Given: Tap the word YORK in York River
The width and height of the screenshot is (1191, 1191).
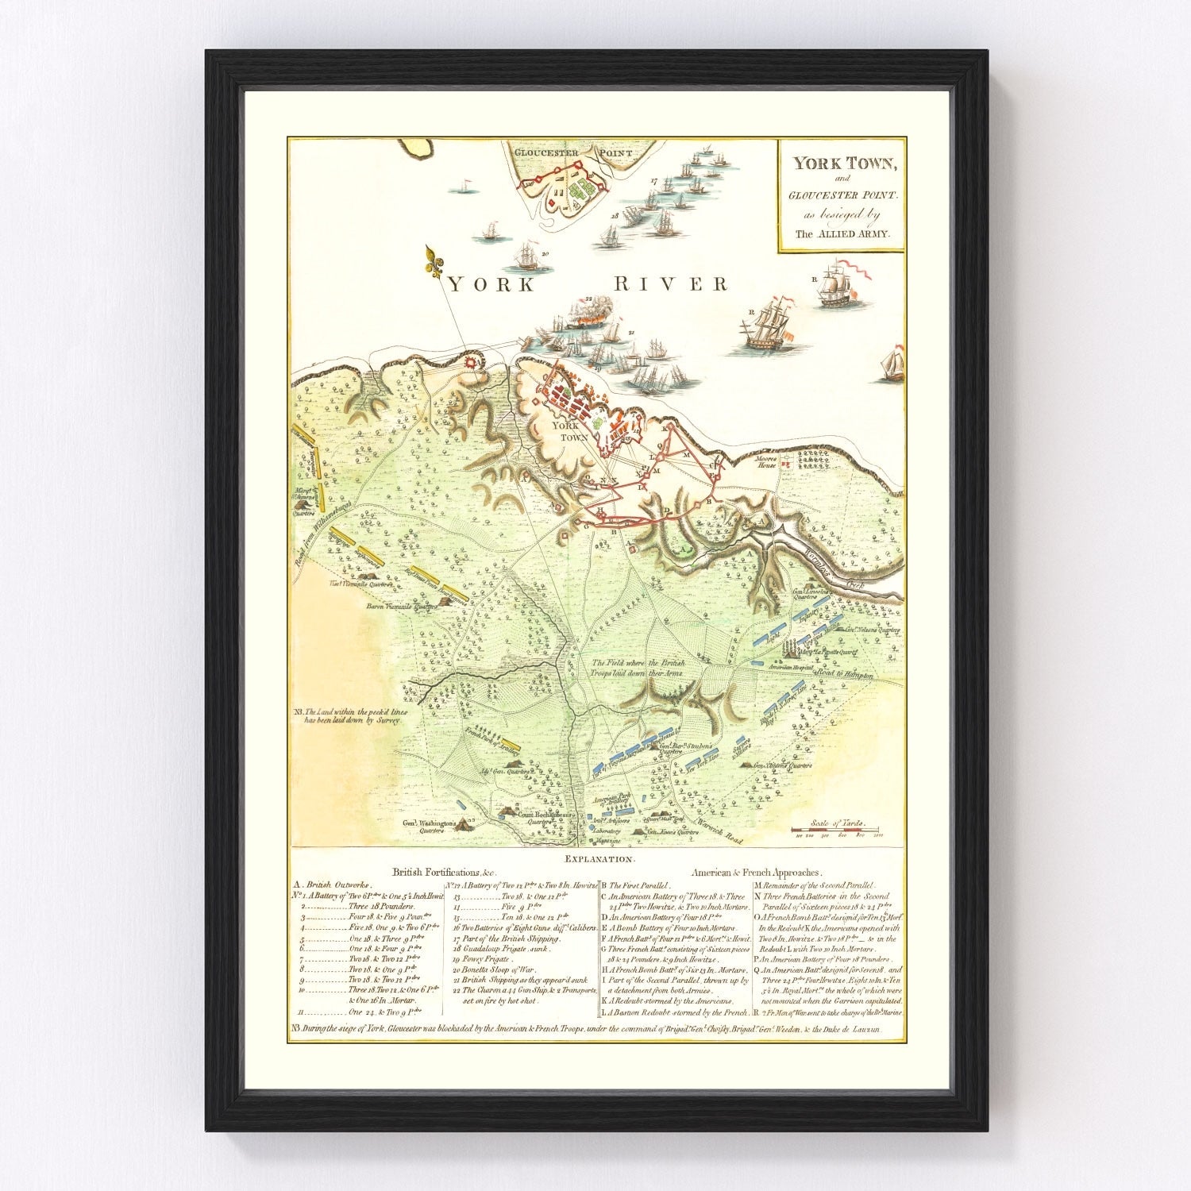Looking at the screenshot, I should [492, 284].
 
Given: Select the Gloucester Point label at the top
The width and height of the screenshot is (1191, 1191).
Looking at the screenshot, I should [561, 152].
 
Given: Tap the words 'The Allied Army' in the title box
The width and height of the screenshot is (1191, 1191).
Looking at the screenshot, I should [842, 234].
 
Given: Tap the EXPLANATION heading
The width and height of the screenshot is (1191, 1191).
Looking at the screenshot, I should [597, 860].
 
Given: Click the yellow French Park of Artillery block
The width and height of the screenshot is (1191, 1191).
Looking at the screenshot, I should [509, 748].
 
